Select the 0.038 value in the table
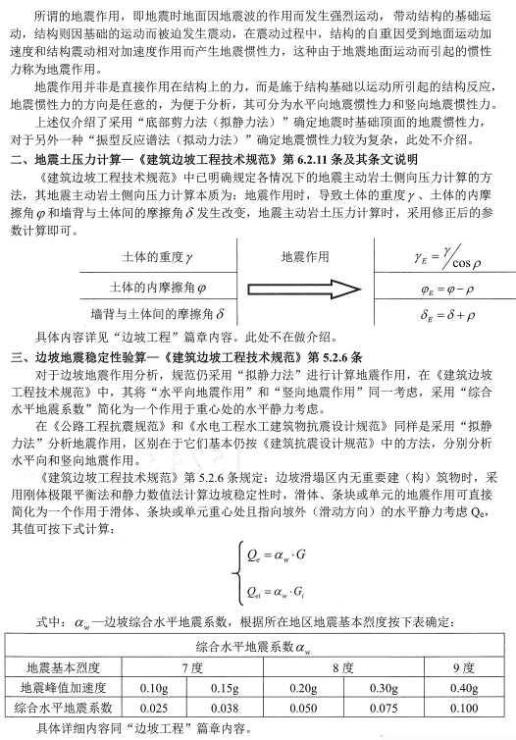click(x=226, y=707)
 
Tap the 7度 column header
click(x=190, y=667)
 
